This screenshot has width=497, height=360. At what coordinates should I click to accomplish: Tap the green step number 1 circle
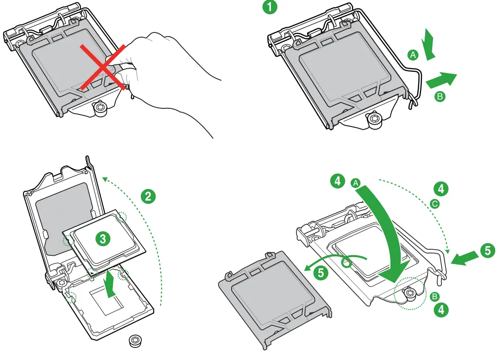[x=271, y=7]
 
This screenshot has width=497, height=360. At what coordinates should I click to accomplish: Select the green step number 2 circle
[x=148, y=196]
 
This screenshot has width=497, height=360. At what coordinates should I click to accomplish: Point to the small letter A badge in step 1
[x=413, y=55]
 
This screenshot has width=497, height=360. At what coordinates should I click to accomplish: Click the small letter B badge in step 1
[x=440, y=97]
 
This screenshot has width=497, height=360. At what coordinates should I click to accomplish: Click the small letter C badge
[x=434, y=203]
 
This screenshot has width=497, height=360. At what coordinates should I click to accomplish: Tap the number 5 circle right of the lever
[x=487, y=251]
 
